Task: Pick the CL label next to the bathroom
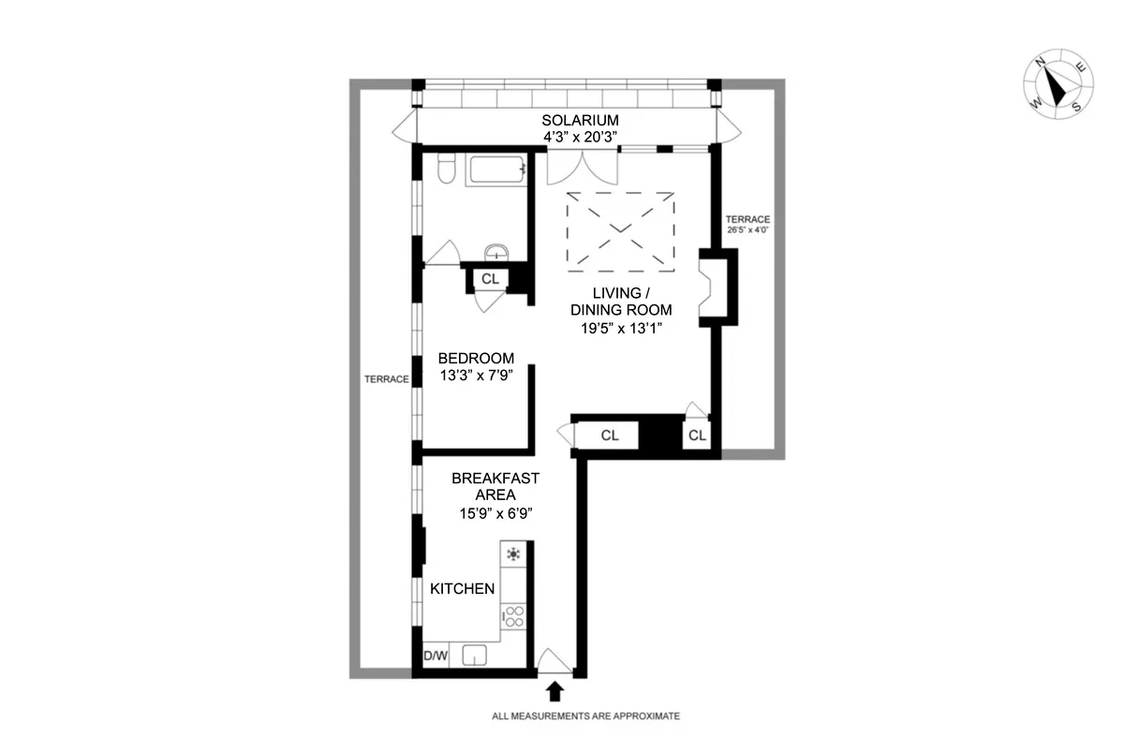pos(490,278)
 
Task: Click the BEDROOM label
pos(476,358)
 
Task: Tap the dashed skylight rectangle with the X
pos(620,229)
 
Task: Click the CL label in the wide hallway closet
pos(610,436)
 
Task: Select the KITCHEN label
pos(462,589)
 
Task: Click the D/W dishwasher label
pos(436,657)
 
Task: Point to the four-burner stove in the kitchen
pos(513,615)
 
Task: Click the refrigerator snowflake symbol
pos(513,554)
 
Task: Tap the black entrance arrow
pos(555,691)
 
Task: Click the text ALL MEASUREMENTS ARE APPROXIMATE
pos(585,716)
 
